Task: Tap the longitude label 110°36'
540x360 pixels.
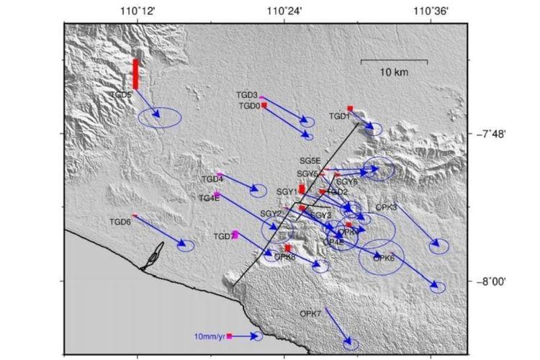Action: point(431,11)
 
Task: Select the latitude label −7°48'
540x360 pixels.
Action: point(491,134)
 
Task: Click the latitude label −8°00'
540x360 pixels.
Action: point(491,282)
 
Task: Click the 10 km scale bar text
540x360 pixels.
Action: point(395,73)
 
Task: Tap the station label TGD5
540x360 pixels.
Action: point(121,94)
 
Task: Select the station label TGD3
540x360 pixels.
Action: point(246,95)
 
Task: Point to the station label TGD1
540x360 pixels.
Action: point(339,116)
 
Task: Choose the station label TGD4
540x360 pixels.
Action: point(212,179)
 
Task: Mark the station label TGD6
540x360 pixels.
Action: point(120,222)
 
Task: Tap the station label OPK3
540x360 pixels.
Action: point(386,207)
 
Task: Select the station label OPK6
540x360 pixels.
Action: point(384,258)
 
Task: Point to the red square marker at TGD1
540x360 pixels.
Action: point(349,109)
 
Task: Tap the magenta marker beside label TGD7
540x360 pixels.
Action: point(235,234)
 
